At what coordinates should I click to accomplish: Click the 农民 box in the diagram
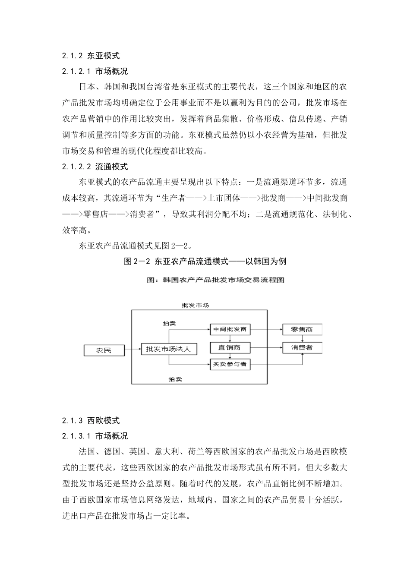(x=104, y=350)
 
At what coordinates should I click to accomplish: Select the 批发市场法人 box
(x=169, y=349)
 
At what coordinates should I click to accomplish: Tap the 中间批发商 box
(x=230, y=329)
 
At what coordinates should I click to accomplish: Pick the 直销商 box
(x=230, y=347)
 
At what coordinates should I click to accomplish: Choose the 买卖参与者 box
(x=230, y=365)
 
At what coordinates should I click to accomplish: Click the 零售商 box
(x=302, y=329)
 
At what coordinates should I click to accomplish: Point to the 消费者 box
(x=302, y=347)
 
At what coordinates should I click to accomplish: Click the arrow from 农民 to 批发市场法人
(x=132, y=349)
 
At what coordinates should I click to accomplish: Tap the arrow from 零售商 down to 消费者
(x=302, y=338)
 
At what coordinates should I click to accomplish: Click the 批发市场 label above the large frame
(x=196, y=305)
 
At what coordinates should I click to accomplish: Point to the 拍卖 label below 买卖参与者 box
(x=175, y=379)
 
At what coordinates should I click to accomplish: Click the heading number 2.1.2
(x=72, y=56)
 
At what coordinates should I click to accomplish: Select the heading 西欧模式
(x=104, y=421)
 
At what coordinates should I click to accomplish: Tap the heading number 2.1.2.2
(x=76, y=167)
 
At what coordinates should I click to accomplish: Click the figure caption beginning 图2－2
(x=205, y=261)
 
